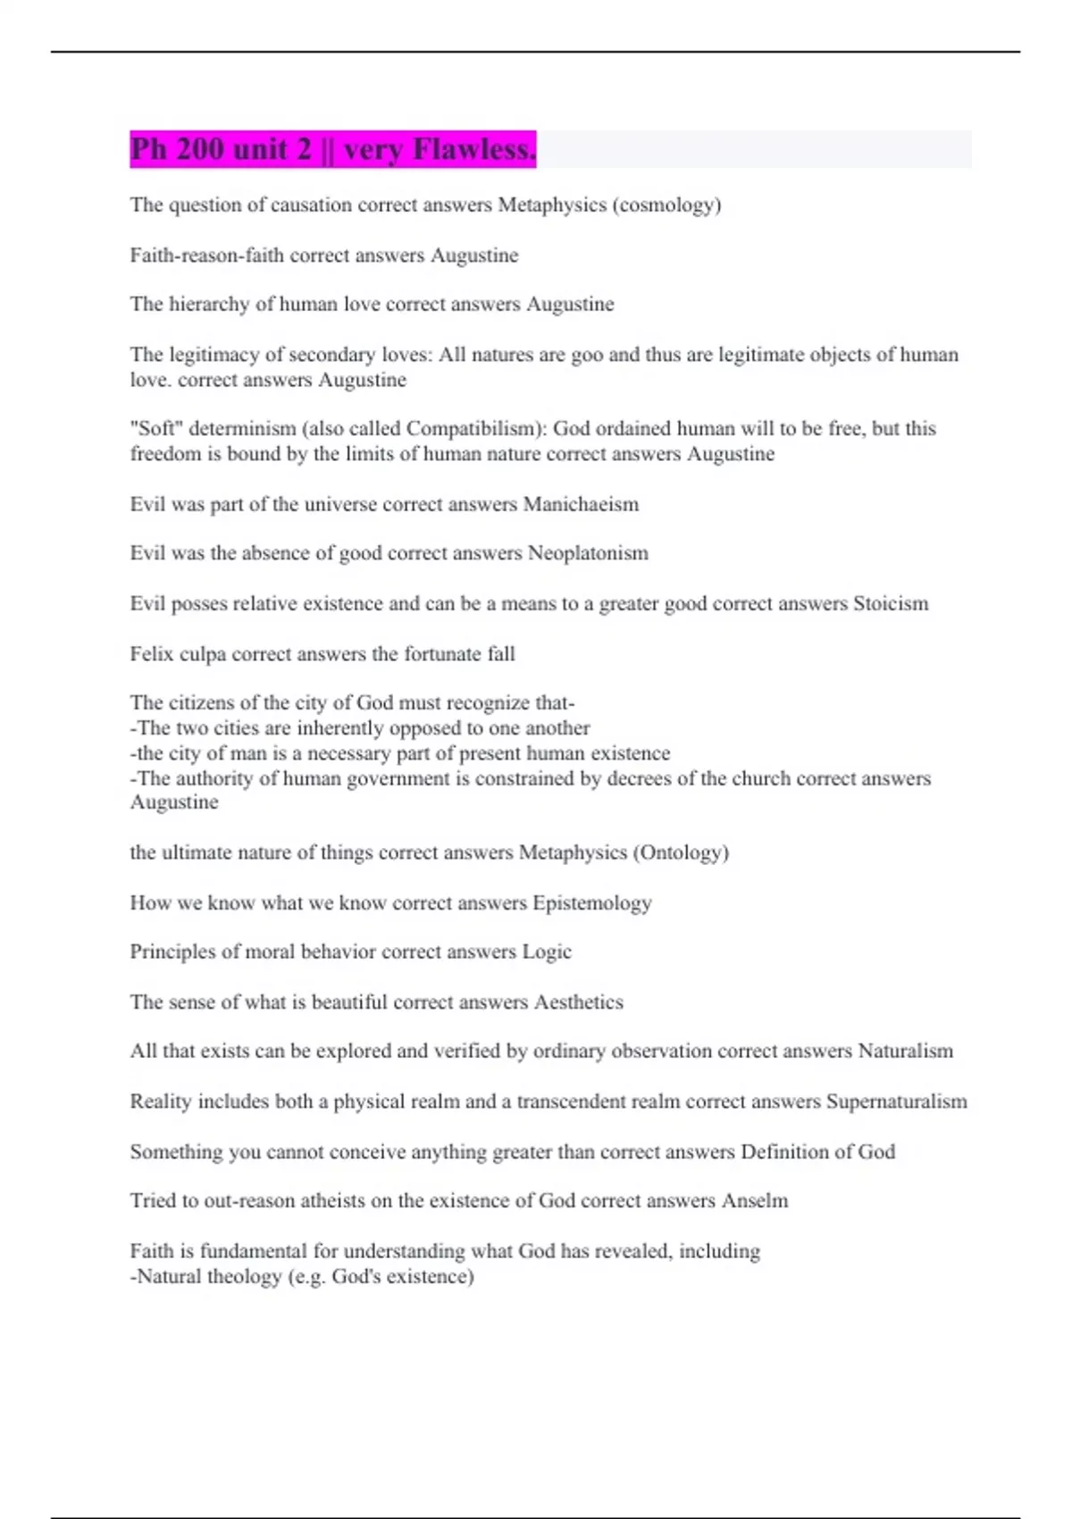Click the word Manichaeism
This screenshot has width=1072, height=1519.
click(581, 504)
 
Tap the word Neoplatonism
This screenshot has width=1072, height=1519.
click(588, 553)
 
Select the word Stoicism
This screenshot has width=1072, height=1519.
click(891, 603)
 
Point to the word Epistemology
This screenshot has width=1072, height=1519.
click(592, 902)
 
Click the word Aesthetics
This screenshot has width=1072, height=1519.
click(579, 1002)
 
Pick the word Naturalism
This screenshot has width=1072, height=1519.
click(906, 1051)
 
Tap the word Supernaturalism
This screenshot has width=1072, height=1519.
click(896, 1101)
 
